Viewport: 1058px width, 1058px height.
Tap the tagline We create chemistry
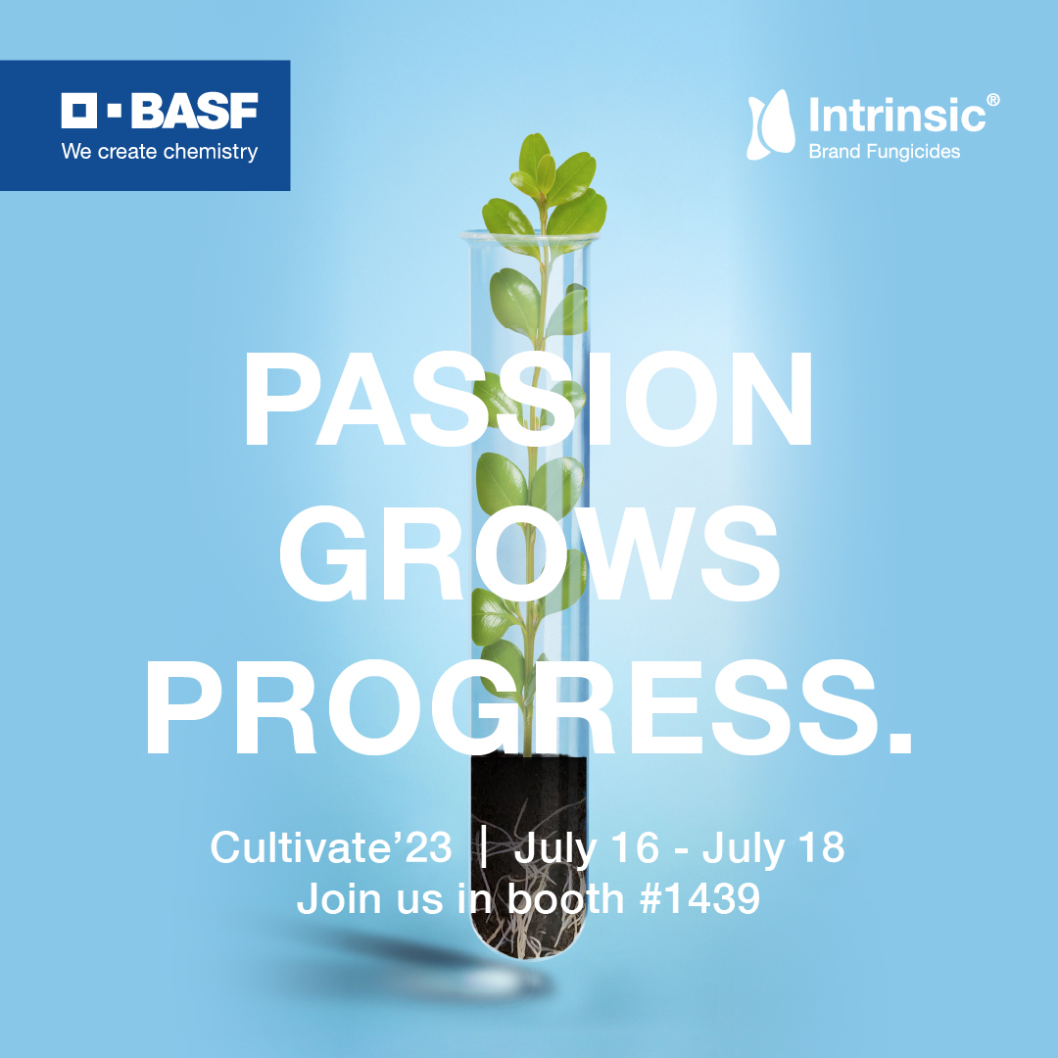(159, 152)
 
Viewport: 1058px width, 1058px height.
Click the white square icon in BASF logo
(78, 112)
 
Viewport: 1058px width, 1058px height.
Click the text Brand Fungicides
(884, 151)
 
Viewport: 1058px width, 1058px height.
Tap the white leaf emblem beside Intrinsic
(769, 124)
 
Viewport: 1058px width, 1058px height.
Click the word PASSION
(528, 403)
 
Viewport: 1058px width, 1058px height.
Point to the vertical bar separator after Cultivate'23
(483, 847)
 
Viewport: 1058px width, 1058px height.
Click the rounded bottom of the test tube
(529, 940)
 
